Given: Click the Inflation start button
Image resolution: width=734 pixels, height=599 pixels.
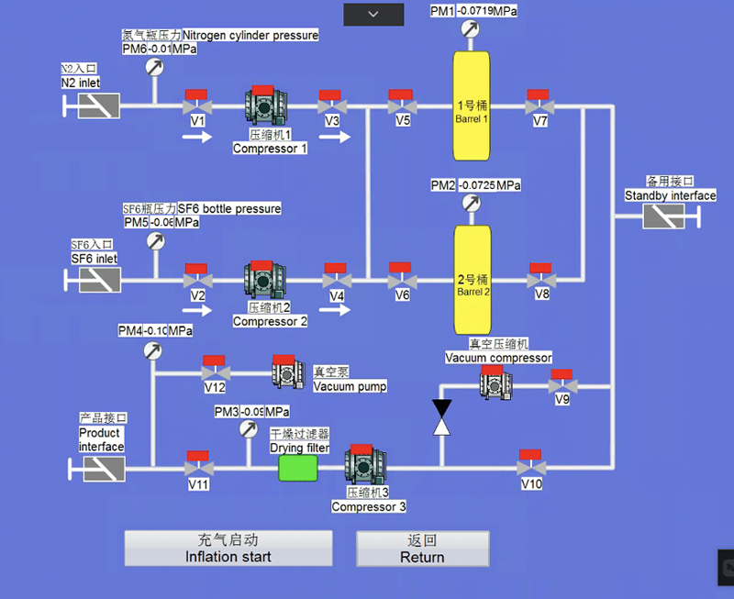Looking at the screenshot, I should (x=228, y=549).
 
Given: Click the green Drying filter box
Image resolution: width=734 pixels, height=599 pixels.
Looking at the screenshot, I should (x=297, y=468).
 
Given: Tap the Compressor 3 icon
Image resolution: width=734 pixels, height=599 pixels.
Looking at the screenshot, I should (x=362, y=466).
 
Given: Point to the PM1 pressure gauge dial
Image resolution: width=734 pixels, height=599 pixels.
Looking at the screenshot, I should (x=471, y=29).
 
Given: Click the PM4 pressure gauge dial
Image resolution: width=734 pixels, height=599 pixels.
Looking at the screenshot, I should (x=153, y=350).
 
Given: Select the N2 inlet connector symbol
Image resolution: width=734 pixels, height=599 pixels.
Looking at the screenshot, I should (x=98, y=106).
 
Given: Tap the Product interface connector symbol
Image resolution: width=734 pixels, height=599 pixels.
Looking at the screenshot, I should (x=104, y=469).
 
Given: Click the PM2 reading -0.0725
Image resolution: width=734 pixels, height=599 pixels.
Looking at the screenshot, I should (x=477, y=185).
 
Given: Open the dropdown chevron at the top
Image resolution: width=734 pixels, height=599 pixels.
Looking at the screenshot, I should (x=373, y=14).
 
